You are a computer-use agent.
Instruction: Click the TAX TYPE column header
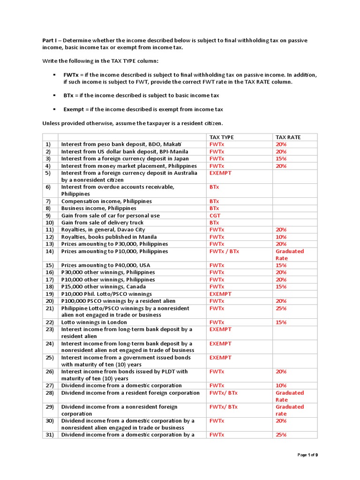click(221, 137)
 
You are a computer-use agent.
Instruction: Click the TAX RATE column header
click(288, 137)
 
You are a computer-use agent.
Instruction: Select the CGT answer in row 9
click(215, 216)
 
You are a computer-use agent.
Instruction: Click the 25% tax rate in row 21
click(281, 308)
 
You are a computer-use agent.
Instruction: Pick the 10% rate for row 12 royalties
click(281, 237)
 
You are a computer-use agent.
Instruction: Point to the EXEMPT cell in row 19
click(220, 294)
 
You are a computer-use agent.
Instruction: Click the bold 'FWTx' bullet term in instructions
click(71, 75)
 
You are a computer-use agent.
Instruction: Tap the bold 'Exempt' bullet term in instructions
click(74, 109)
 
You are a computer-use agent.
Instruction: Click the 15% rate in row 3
click(281, 159)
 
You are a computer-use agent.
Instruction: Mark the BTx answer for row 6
click(214, 187)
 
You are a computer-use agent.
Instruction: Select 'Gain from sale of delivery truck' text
click(102, 223)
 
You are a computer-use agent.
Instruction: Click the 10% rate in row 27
click(281, 385)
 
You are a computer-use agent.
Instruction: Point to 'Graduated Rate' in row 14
click(289, 255)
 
